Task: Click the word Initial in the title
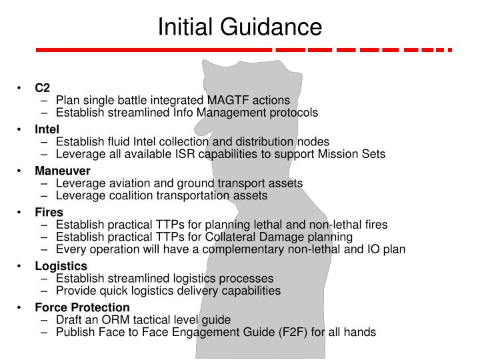[188, 27]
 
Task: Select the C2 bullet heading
[43, 88]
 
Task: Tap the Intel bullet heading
[47, 129]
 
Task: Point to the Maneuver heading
[63, 171]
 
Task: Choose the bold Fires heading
[49, 213]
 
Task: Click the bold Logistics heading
[61, 266]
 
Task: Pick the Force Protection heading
[82, 307]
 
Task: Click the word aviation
[121, 183]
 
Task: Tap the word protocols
[294, 113]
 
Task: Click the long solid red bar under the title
[153, 49]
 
